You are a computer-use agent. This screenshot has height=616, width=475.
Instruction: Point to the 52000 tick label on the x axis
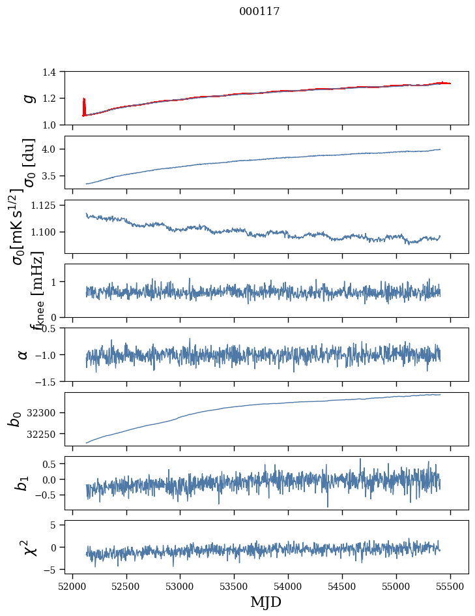[72, 585]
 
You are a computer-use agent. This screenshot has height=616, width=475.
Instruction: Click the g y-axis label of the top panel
[27, 98]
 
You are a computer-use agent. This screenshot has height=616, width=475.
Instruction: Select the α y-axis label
[23, 354]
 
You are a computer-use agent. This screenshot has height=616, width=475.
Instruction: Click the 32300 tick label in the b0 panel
[46, 413]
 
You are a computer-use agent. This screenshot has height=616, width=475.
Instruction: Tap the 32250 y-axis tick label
[46, 434]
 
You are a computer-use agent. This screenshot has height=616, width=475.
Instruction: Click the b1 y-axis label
[23, 483]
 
